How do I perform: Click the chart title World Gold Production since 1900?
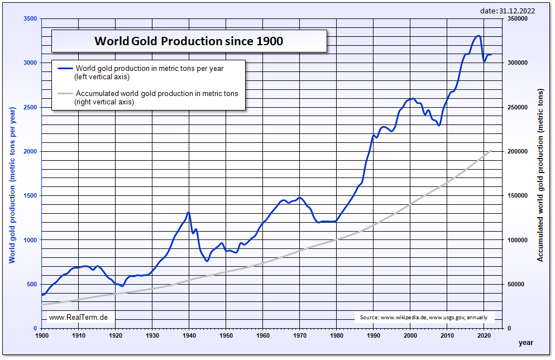point(189,41)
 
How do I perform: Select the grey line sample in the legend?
point(65,94)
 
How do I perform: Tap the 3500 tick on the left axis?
point(30,19)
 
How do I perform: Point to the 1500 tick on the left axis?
point(30,196)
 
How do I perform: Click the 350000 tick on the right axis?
point(518,19)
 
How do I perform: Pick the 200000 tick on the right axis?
point(518,152)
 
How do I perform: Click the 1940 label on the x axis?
point(189,335)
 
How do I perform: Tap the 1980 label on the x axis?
point(337,335)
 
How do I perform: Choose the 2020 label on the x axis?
point(484,335)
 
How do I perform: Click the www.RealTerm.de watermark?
point(78,317)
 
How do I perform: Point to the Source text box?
point(423,318)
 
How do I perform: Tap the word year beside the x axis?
point(525,341)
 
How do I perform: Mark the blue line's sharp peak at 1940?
point(189,212)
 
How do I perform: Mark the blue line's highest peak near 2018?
point(478,36)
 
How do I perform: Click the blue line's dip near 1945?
point(207,261)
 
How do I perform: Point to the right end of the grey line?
point(491,150)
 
